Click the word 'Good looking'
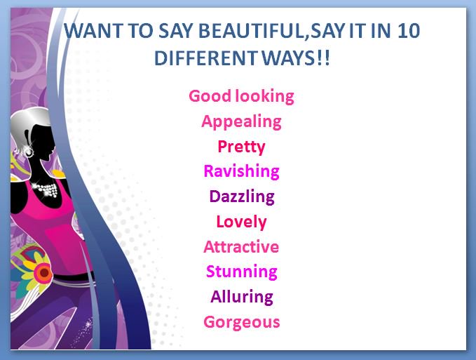coord(241,96)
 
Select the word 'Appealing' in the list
coord(241,121)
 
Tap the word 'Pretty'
coord(241,147)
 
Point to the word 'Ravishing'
coord(241,171)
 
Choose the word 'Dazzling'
coord(241,196)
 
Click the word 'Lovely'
coord(241,222)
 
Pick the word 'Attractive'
coord(241,246)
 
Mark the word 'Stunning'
coord(241,272)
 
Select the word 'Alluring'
coord(241,296)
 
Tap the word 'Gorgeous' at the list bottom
coord(241,322)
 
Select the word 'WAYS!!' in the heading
coord(294,58)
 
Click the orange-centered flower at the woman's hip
coord(43,271)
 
